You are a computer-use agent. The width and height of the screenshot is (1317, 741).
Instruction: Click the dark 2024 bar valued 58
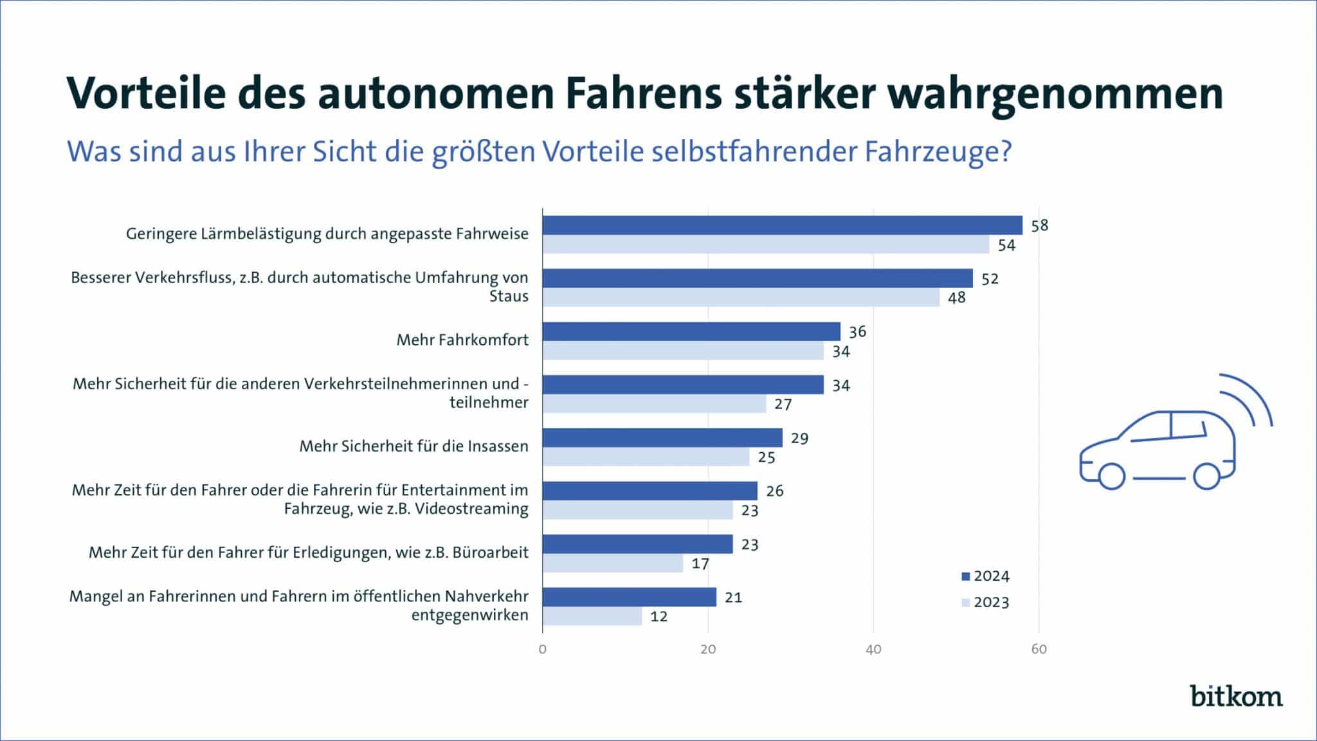point(782,225)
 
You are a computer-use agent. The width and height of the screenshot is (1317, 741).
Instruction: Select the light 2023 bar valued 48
point(741,297)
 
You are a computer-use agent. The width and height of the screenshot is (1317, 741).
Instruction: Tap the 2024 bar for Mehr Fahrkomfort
point(691,331)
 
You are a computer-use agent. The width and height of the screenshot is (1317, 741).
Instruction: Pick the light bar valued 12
point(592,616)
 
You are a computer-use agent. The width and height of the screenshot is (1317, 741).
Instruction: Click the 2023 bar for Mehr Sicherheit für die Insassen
point(646,457)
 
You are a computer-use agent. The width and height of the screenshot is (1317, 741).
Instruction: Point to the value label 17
point(700,564)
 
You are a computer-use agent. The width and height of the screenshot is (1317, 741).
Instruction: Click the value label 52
point(990,279)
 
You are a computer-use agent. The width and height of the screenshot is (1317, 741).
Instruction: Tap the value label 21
point(733,598)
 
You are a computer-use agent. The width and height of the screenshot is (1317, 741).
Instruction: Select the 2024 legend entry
point(985,576)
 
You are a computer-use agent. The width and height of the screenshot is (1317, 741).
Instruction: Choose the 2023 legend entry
point(985,603)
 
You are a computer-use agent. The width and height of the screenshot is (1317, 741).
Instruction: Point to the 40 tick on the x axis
point(873,650)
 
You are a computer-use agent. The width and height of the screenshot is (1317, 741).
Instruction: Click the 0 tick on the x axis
point(543,650)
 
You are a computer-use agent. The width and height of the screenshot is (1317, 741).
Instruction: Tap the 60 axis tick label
point(1039,650)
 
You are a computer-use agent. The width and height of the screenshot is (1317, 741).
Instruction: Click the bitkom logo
point(1236,697)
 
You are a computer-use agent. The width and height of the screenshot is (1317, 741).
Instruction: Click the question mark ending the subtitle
point(1005,152)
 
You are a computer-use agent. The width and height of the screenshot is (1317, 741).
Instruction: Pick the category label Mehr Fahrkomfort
point(462,340)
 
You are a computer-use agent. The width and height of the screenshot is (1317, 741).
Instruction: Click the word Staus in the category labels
point(509,297)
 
